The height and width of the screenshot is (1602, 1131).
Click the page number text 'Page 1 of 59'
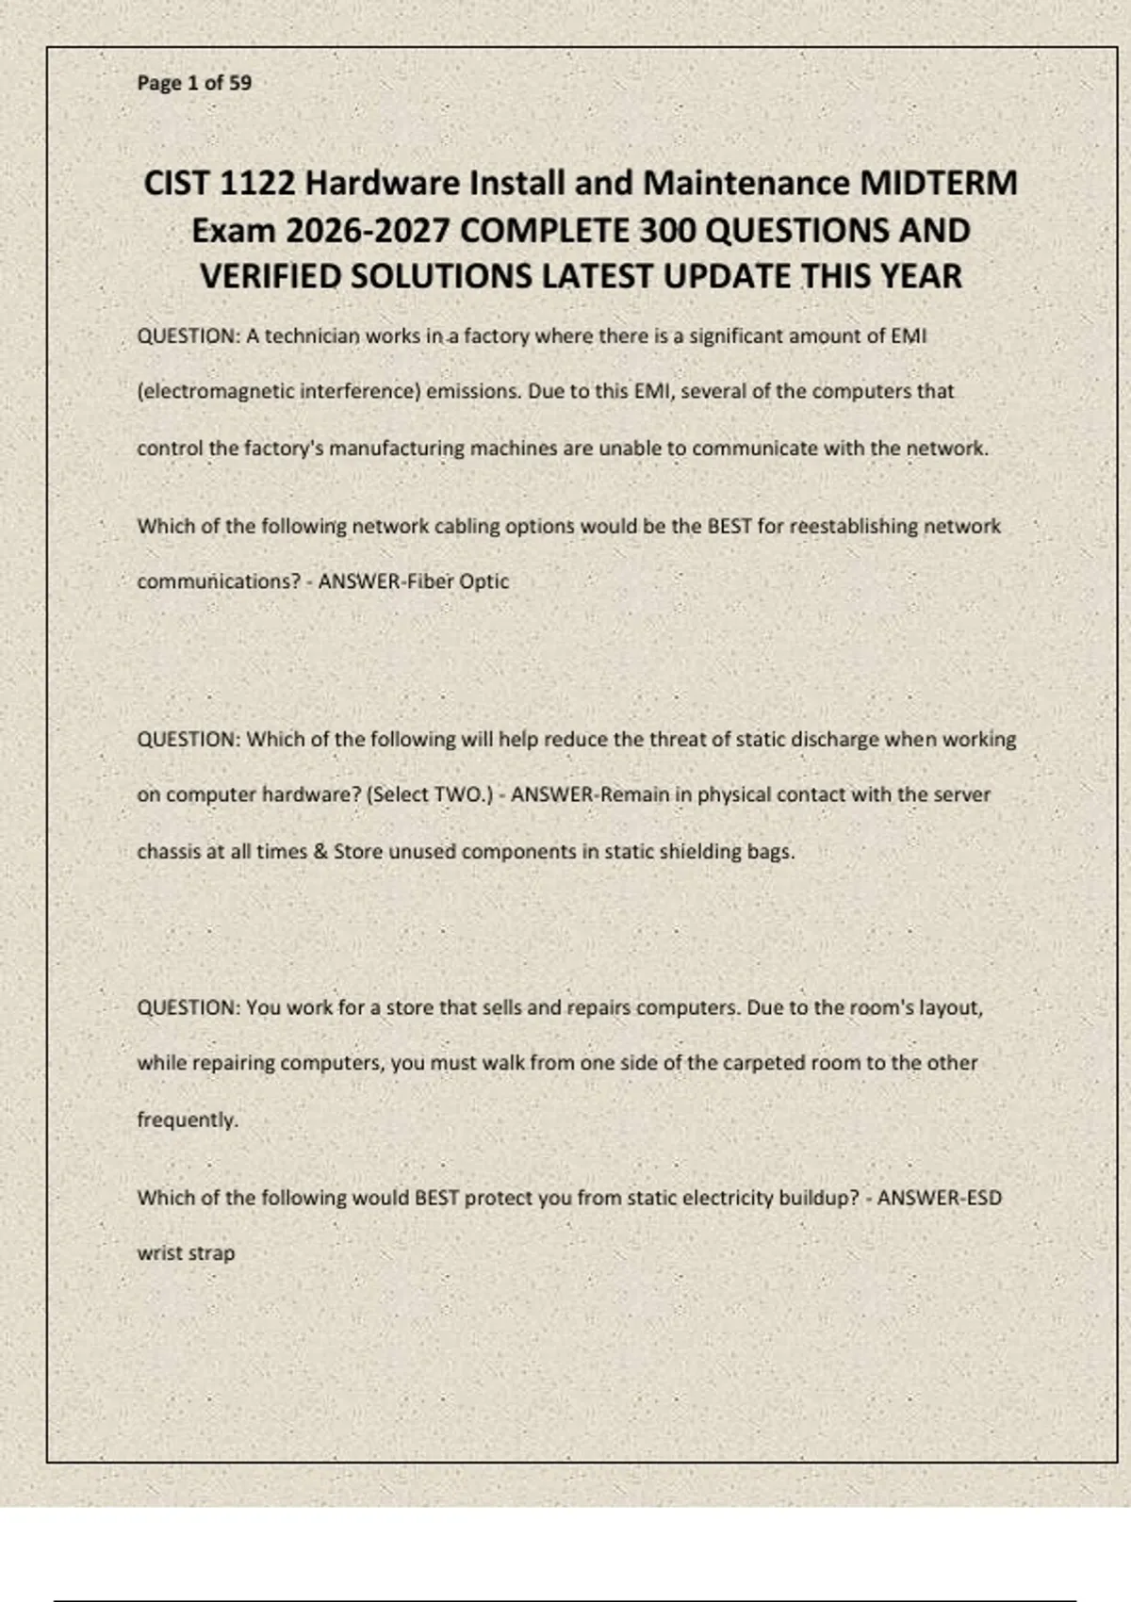(x=194, y=83)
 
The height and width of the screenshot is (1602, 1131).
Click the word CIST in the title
(x=176, y=183)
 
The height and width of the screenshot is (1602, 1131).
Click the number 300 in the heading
(x=667, y=231)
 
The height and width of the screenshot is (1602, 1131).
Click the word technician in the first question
(x=312, y=336)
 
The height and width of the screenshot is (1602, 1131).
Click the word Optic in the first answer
(x=484, y=581)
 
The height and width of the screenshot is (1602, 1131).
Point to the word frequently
(x=188, y=1120)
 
